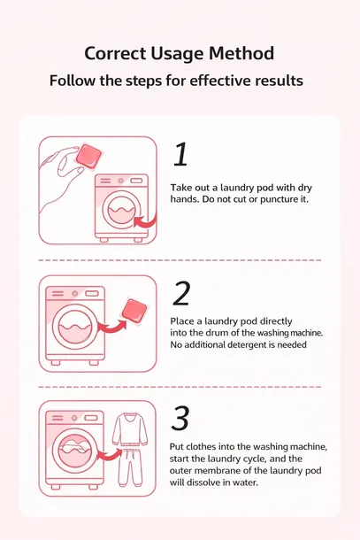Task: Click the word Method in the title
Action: click(x=241, y=53)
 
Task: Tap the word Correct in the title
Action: click(x=115, y=53)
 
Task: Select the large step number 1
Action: click(x=180, y=154)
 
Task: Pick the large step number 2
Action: click(x=181, y=293)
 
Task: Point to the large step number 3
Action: click(x=180, y=418)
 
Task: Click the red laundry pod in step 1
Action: click(x=88, y=157)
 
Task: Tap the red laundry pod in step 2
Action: click(x=134, y=311)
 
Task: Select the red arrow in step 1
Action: click(x=146, y=222)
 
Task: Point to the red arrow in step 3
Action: click(x=111, y=455)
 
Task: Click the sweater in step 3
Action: click(x=130, y=430)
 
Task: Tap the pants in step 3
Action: click(x=130, y=467)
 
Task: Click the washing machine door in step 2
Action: click(x=74, y=327)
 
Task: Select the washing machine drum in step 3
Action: click(x=74, y=451)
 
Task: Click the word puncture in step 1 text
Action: click(x=278, y=199)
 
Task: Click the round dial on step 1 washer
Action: click(x=120, y=181)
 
